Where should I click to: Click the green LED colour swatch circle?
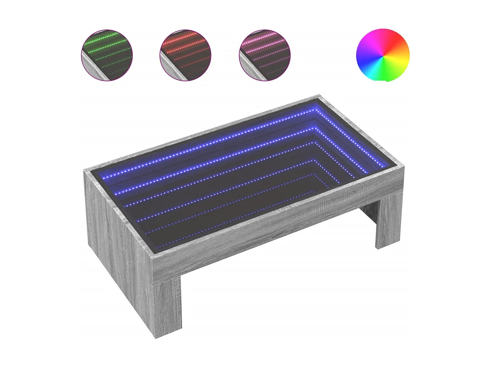107,55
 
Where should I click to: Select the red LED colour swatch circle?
185,55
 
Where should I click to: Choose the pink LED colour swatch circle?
264,55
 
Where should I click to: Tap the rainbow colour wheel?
383,55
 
